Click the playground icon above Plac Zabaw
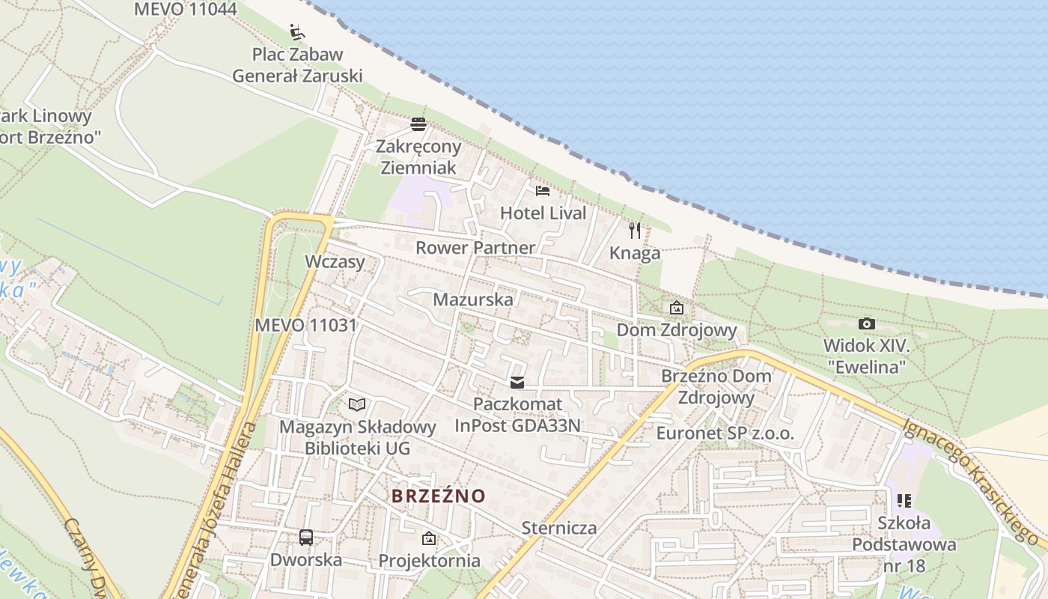tap(297, 32)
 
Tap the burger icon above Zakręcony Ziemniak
tap(418, 124)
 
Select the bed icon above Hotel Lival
tap(543, 191)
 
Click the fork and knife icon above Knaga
tap(635, 230)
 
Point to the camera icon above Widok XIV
tap(866, 323)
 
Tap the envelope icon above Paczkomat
tap(517, 383)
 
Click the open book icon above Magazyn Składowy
tap(358, 405)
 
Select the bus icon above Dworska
tap(306, 537)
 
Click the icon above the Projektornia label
tap(429, 538)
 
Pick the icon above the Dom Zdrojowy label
tap(677, 308)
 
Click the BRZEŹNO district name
tap(439, 496)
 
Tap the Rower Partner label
tap(475, 247)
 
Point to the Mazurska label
tap(474, 299)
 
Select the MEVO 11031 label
tap(305, 325)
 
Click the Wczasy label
tap(335, 261)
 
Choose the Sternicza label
tap(559, 528)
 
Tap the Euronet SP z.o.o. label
tap(725, 434)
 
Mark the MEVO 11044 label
tap(185, 9)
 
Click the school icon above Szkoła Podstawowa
tap(904, 500)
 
